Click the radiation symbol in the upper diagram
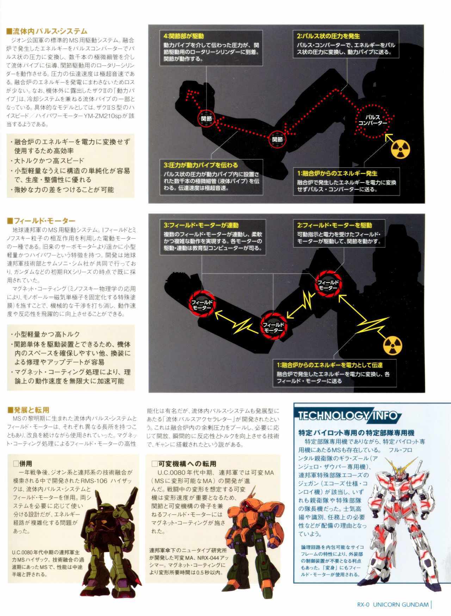[402, 150]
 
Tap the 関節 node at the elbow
[278, 139]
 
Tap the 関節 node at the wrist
[206, 119]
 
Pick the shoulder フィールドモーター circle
[328, 284]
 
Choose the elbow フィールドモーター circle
[273, 326]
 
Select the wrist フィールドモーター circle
[201, 304]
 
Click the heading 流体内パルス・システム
[47, 31]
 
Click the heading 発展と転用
[28, 410]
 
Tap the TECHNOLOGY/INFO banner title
[347, 416]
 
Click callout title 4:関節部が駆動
[184, 36]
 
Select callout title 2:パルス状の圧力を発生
[328, 36]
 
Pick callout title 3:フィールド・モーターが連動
[201, 225]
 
